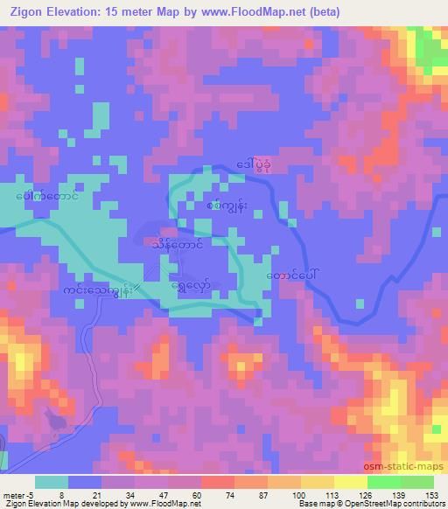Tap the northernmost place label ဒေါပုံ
click(255, 163)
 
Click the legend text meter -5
click(17, 495)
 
